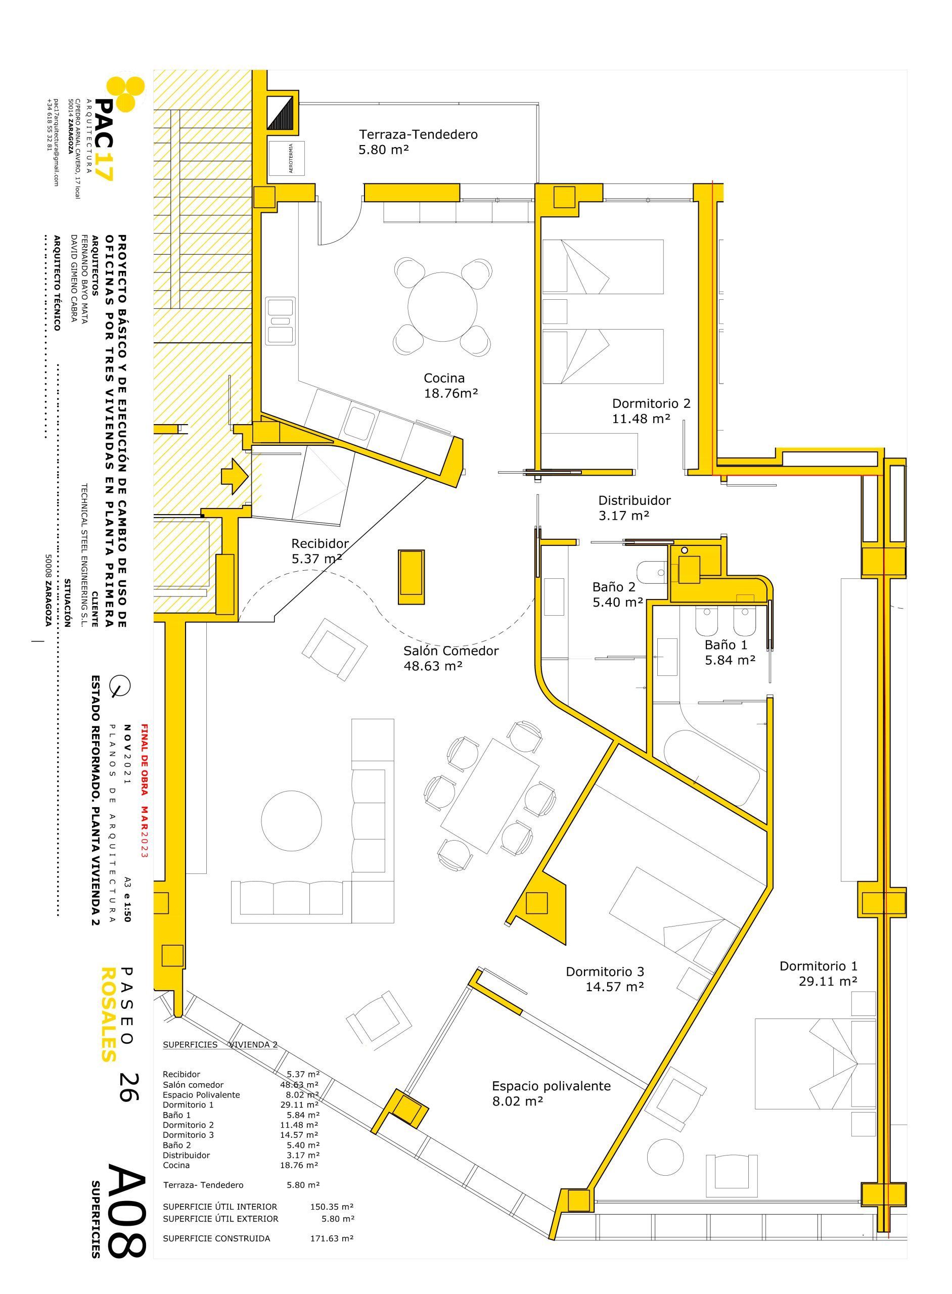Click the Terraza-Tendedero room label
tap(419, 135)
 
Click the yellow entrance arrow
tap(235, 475)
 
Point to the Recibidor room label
tap(321, 543)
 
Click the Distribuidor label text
tap(634, 500)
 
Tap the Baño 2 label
tap(614, 587)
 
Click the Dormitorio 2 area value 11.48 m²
tap(642, 419)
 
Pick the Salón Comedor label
tap(450, 651)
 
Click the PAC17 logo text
tap(105, 140)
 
